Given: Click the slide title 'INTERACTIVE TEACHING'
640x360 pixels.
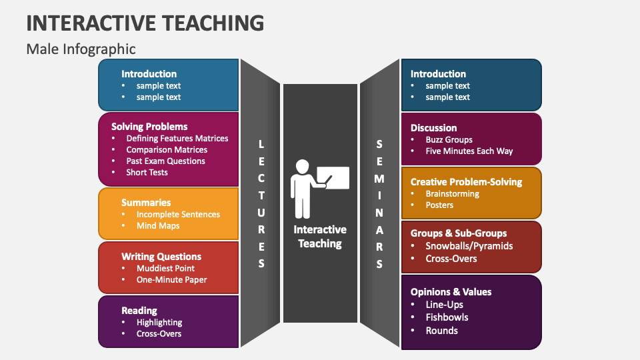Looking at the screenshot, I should pos(145,23).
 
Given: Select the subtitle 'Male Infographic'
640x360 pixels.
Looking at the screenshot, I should pos(81,49).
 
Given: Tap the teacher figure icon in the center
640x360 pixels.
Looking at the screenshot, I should pos(319,179).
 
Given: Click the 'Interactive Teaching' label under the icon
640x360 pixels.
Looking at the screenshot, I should pos(320,237).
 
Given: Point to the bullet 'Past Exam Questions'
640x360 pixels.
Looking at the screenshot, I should pos(165,161).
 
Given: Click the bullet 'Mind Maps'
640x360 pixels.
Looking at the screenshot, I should pos(158,226).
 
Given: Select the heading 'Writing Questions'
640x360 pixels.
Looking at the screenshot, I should pos(161,257).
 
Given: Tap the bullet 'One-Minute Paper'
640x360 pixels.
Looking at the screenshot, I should pos(171,280).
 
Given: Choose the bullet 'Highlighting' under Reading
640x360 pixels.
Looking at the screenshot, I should pos(159,323).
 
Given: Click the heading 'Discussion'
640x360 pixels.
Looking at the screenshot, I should pos(433,128).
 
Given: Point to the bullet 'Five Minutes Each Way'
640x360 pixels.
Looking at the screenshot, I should pos(469,151).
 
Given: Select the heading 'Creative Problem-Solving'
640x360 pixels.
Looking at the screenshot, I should pos(466,182).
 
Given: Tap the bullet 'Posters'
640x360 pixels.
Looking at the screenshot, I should pos(439,205).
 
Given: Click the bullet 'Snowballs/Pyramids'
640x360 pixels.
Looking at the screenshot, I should pos(469,246).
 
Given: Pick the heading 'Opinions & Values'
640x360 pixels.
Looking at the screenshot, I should pos(451,292).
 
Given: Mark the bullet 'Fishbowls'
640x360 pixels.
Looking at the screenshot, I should pos(447,317).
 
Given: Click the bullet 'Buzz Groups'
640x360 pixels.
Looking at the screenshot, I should pos(449,140).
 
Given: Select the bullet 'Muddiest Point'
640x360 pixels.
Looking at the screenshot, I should pos(165,269).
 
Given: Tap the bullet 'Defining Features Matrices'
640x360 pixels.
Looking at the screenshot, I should pos(177,139).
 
